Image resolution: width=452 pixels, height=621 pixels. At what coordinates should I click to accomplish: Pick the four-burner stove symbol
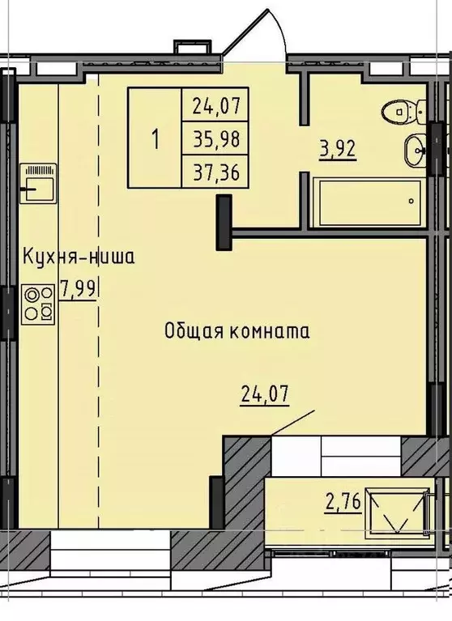(38, 304)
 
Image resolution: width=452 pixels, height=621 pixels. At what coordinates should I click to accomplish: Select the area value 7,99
(79, 289)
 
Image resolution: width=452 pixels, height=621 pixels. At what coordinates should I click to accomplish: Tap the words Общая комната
(237, 330)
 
